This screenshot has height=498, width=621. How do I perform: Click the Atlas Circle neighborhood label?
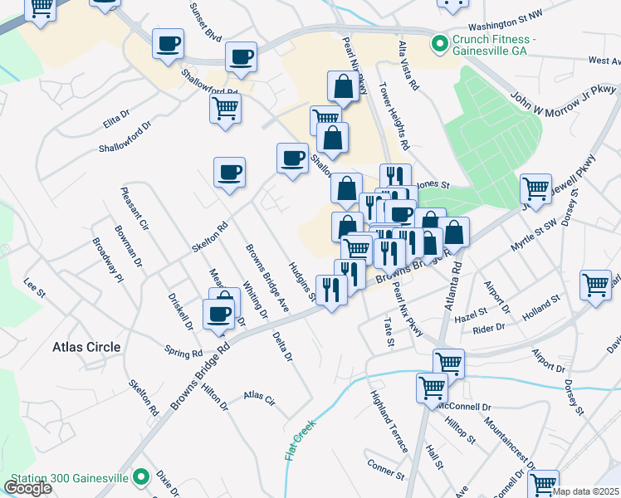click(x=86, y=347)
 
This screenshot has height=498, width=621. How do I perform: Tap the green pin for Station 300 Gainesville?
click(x=142, y=477)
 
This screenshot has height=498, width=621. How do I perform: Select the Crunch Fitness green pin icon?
click(x=438, y=41)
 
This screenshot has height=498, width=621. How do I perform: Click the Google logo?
click(x=28, y=488)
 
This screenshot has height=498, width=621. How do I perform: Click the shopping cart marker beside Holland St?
click(x=596, y=284)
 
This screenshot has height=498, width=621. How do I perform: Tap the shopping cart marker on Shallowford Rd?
click(x=225, y=107)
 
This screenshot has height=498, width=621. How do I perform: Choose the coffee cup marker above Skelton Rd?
click(x=229, y=172)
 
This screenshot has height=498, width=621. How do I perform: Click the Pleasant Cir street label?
click(x=134, y=208)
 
